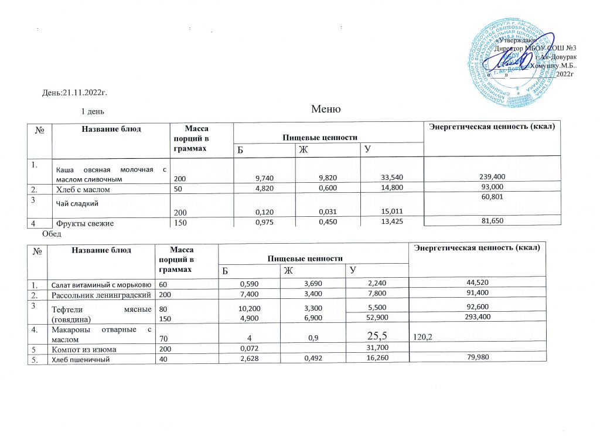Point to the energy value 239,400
click(x=493, y=176)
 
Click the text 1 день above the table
click(x=93, y=111)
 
